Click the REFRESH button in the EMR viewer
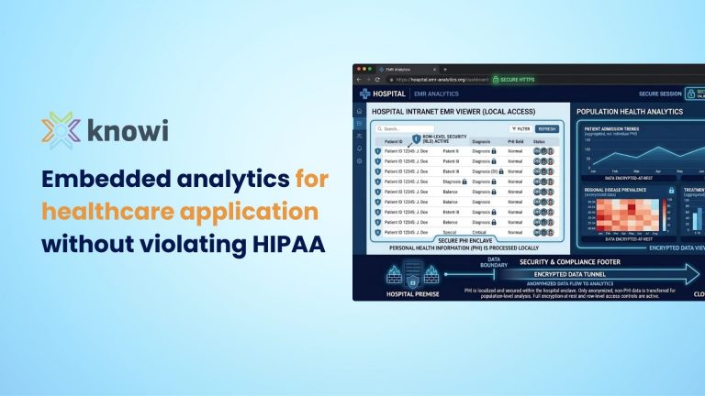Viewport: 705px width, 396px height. [x=547, y=129]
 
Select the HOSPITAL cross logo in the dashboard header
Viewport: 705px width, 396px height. [x=366, y=93]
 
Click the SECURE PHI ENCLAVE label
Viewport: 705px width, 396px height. [x=464, y=241]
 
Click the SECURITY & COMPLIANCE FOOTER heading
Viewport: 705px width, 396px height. [x=568, y=261]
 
